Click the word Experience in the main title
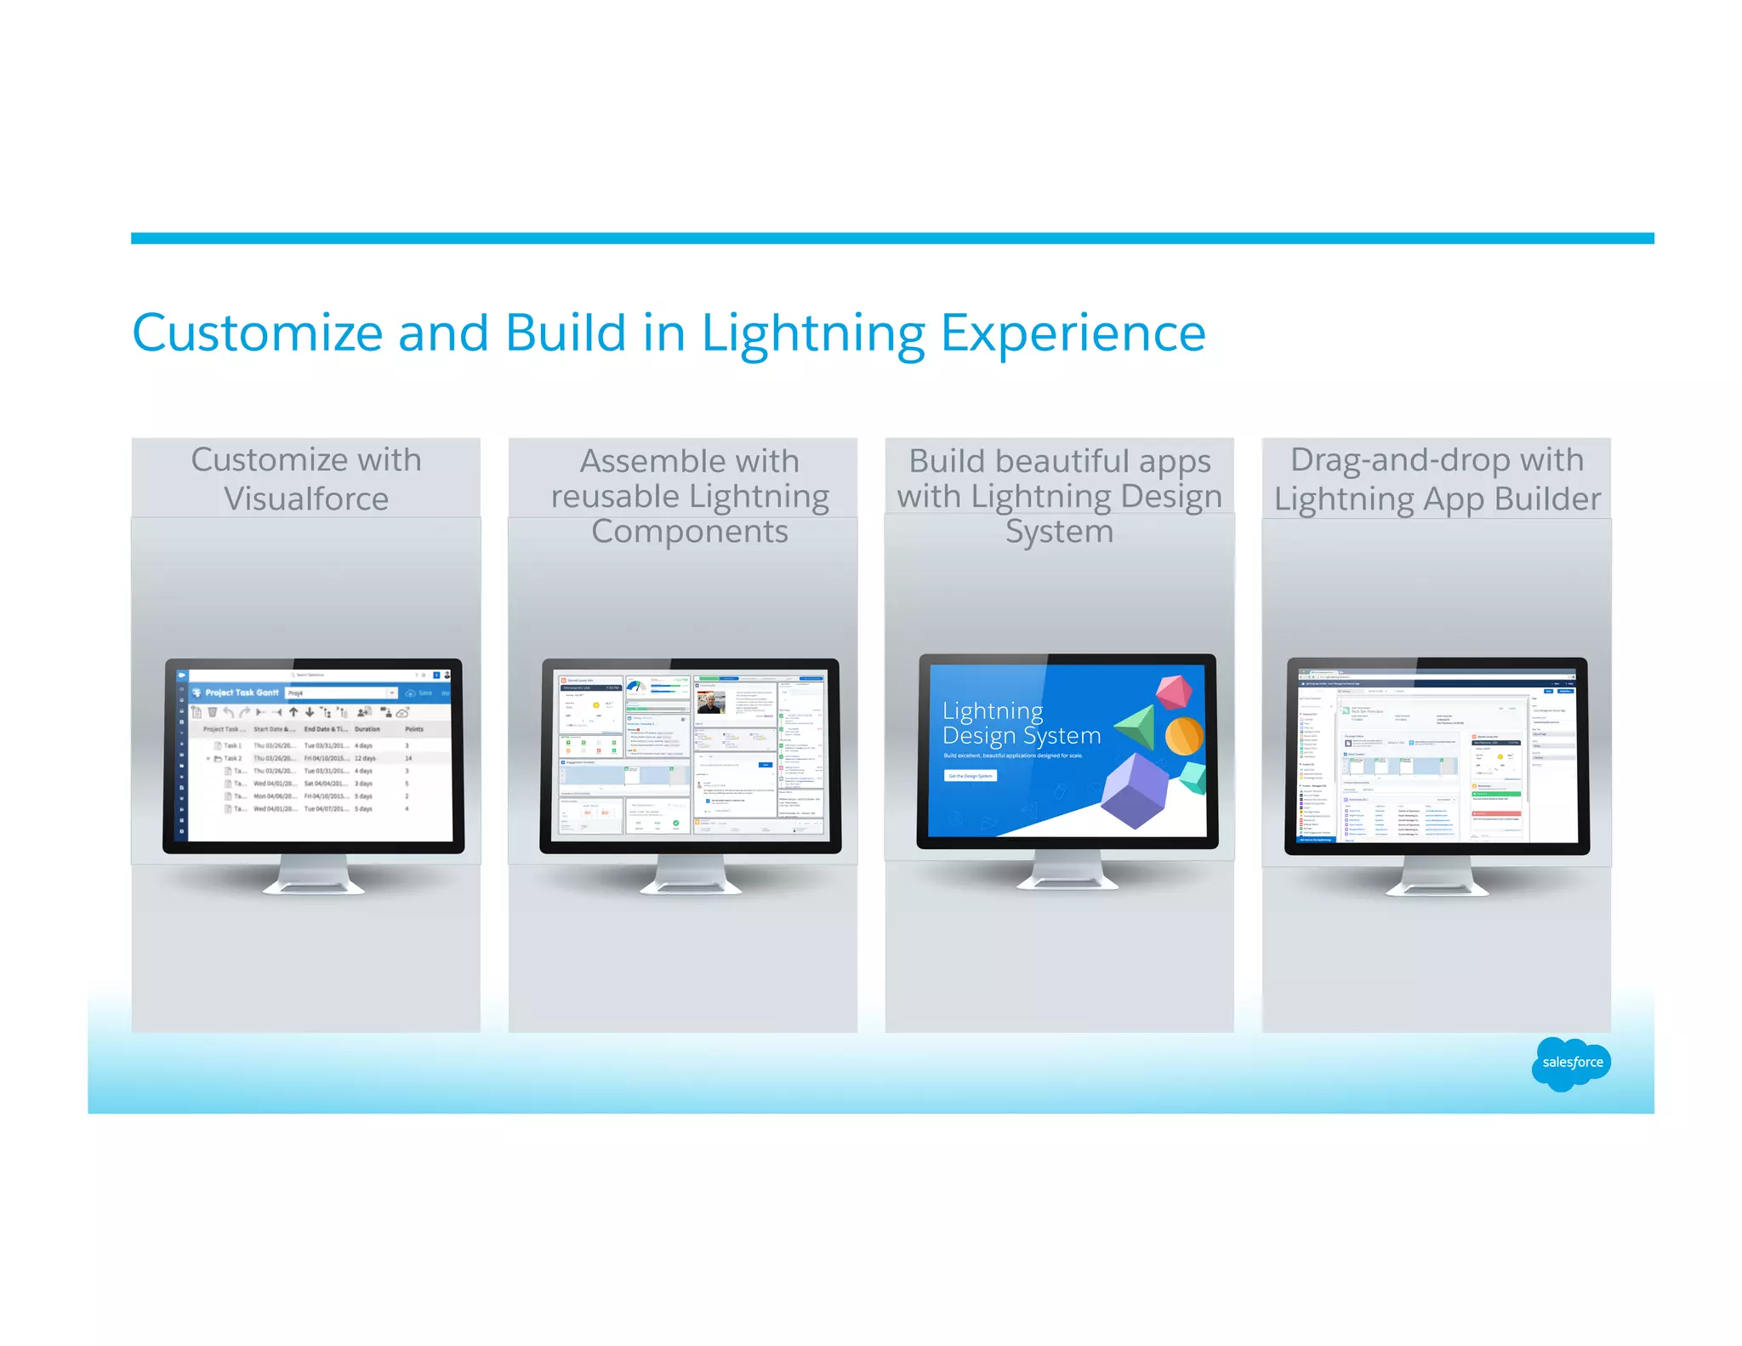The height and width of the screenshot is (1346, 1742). [x=1073, y=334]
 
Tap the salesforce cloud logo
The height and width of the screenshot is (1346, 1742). [x=1571, y=1063]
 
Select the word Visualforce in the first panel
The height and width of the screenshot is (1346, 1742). [x=306, y=499]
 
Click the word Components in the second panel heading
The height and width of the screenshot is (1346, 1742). [x=689, y=532]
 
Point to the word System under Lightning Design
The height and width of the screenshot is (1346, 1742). [x=1059, y=532]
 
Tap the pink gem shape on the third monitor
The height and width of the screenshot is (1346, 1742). [x=1174, y=691]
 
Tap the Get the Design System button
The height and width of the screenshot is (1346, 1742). [x=971, y=776]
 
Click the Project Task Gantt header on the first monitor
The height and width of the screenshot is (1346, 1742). [x=242, y=693]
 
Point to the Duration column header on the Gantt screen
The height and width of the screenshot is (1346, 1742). [x=367, y=729]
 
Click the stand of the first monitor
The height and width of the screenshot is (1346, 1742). [x=313, y=876]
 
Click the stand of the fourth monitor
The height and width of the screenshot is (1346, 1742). [x=1437, y=877]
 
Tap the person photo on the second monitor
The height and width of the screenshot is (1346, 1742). [x=710, y=703]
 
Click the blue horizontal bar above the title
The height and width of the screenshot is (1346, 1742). [x=891, y=238]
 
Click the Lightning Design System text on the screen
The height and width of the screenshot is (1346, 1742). [x=1021, y=723]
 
